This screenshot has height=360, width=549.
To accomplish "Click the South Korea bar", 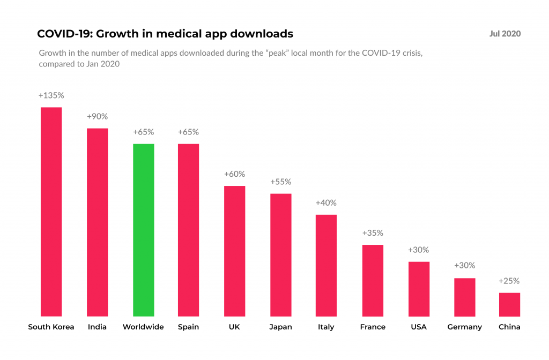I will pos(51,212).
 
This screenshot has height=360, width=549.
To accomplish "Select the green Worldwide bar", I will pos(143,230).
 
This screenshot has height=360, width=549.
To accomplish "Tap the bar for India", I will pos(97,222).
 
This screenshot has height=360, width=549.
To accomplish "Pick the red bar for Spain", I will pos(188,230).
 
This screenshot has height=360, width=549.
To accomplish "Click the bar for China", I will pos(509,304).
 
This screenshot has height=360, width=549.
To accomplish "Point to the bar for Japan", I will pos(280,254).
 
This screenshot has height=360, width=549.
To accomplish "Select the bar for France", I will pos(373,280).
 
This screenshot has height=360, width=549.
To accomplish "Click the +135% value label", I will pos(51,95).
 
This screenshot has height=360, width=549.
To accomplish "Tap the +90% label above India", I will pos(97,116).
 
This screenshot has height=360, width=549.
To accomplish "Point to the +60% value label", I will pos(234,174).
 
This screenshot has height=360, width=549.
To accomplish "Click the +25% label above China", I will pos(509,281).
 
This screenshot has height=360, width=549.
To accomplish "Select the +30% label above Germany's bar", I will pos(464,266).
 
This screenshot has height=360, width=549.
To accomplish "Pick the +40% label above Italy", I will pos(326,203).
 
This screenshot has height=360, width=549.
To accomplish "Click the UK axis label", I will pos(234,327).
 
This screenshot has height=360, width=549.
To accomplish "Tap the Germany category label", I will pos(464,327).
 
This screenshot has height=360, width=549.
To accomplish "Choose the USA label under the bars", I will pos(419,327).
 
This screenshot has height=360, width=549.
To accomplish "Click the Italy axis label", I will pos(326,327).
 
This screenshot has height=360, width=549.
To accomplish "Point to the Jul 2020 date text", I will pos(505,34).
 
